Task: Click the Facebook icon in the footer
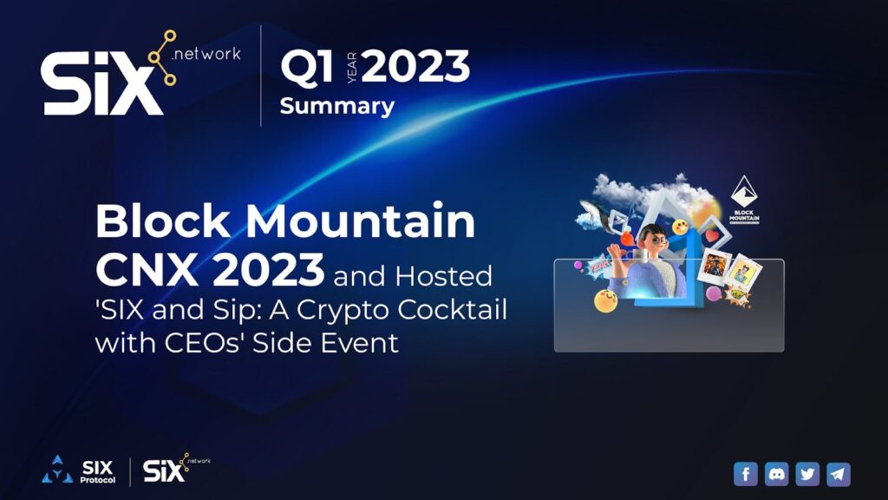tap(746, 474)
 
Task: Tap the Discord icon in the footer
tap(777, 474)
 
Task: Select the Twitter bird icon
tap(807, 474)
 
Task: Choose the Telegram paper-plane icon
tap(838, 474)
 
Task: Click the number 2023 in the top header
tap(415, 68)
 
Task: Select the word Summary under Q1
tap(336, 107)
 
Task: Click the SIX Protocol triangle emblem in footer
tap(56, 470)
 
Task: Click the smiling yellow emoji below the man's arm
tap(605, 301)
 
